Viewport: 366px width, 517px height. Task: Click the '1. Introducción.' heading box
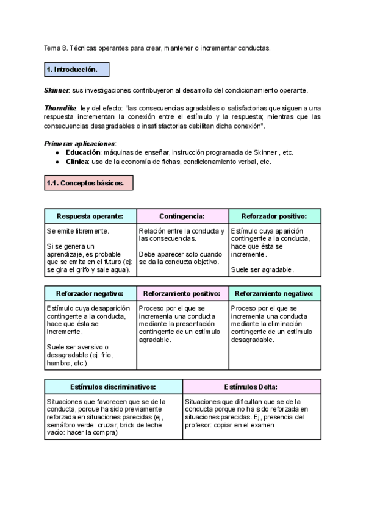[76, 70]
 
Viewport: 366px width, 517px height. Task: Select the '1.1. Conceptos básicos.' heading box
[88, 183]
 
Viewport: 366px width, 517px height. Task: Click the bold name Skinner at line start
[57, 90]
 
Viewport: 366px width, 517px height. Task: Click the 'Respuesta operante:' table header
[90, 216]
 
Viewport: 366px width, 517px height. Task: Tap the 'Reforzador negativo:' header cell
[90, 294]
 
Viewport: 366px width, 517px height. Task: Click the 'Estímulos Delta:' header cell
[251, 387]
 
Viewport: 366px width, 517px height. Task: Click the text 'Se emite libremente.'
[78, 231]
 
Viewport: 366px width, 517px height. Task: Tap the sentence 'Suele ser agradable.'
[262, 269]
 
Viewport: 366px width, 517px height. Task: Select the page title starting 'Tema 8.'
[157, 48]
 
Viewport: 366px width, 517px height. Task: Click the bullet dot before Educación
[57, 152]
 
